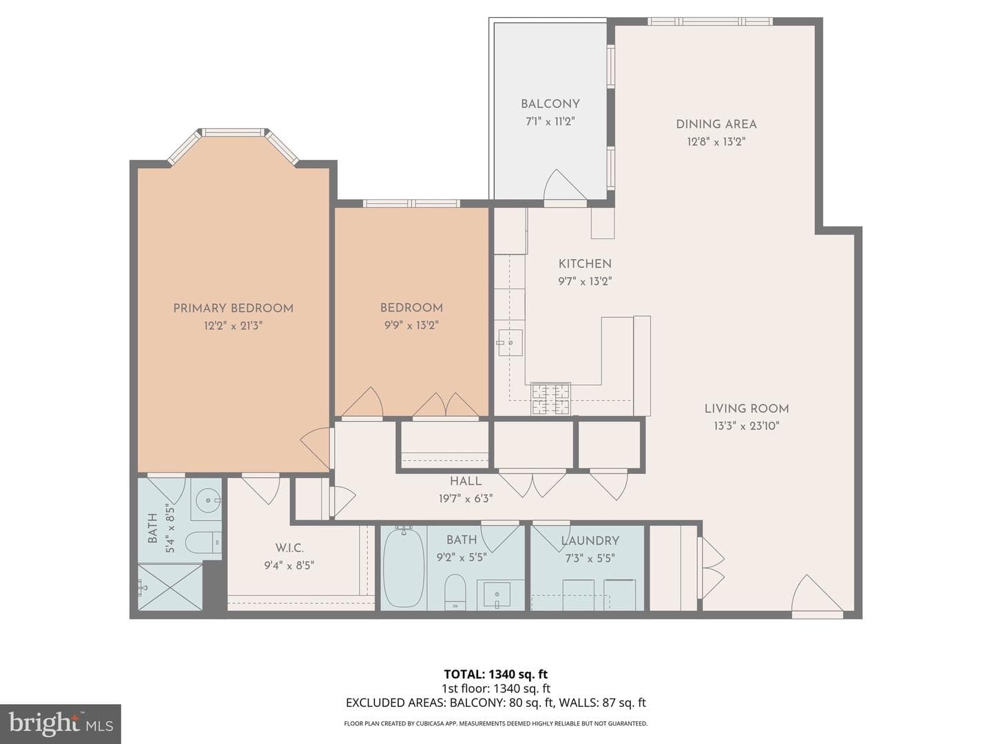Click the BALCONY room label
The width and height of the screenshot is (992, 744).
pos(550,104)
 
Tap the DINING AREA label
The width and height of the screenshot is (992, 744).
pos(716,124)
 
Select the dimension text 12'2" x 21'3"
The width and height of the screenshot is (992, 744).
pos(234,326)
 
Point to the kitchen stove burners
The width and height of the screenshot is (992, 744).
pos(551,398)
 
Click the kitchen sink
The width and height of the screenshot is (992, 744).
pos(510,343)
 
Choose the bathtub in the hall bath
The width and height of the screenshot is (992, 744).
pos(404,568)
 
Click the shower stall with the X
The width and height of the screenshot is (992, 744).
pos(170,587)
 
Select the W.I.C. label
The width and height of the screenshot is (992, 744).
pos(289,548)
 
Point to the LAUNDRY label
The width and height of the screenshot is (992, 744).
pos(590,541)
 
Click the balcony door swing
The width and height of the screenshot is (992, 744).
pos(565,185)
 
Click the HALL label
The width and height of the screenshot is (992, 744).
pos(466,482)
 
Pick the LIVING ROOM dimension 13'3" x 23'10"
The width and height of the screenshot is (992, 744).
pos(747,426)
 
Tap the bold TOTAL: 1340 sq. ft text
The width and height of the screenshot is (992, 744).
pos(496,674)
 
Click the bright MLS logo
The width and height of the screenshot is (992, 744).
pos(61,724)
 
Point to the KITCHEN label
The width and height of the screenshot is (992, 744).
pos(585,264)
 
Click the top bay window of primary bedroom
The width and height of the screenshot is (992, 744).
pos(233,132)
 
